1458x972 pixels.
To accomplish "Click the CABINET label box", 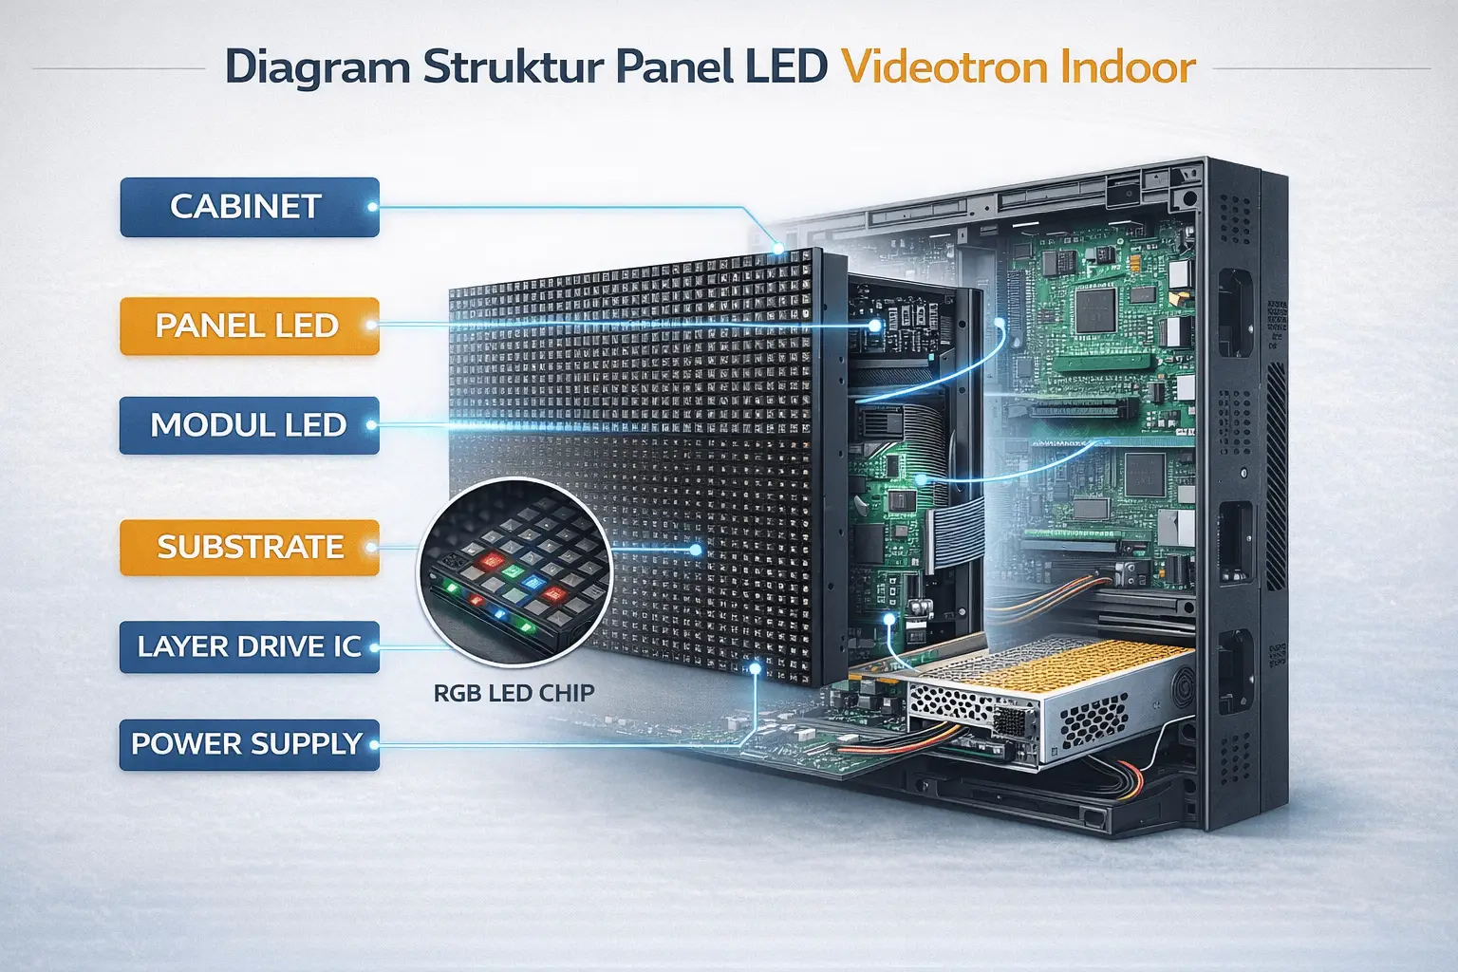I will [249, 207].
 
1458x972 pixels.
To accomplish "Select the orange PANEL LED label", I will [249, 327].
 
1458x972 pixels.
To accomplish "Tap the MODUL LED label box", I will [249, 425].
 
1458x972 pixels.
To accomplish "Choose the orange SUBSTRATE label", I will [249, 548].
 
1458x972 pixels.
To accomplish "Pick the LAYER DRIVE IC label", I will [249, 647].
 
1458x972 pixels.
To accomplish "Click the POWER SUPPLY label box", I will [249, 744].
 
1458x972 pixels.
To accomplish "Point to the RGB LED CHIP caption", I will [514, 693].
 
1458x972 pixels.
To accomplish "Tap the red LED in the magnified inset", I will [492, 560].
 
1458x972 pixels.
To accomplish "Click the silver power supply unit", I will [1044, 702].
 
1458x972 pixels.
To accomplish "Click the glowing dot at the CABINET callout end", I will [778, 248].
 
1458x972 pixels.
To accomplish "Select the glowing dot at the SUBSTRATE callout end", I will [696, 550].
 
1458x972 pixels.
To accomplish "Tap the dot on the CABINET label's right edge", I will [372, 207].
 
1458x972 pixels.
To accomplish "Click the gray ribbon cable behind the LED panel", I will [959, 532].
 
